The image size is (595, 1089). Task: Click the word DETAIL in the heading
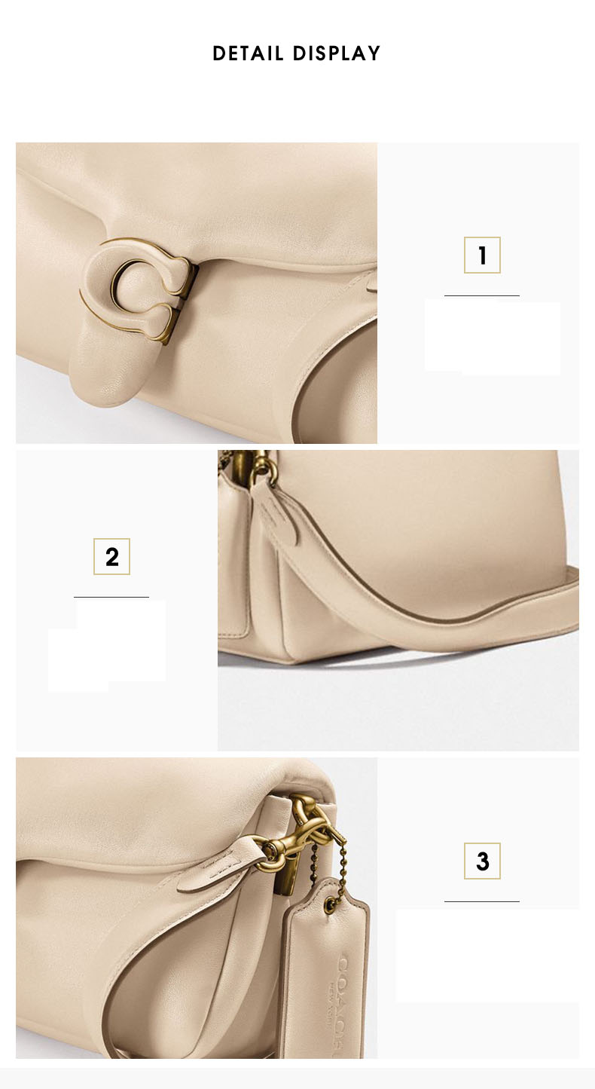coord(248,54)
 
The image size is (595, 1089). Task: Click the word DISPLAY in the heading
coord(337,54)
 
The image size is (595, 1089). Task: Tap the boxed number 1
coord(482,255)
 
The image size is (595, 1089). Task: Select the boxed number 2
coord(111,557)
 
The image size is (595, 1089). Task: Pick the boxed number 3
coord(482,861)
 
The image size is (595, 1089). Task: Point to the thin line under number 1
coord(482,295)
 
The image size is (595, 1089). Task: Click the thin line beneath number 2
coord(111,597)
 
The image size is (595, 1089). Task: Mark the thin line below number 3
coord(482,901)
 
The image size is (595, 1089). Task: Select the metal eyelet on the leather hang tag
coord(334,902)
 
